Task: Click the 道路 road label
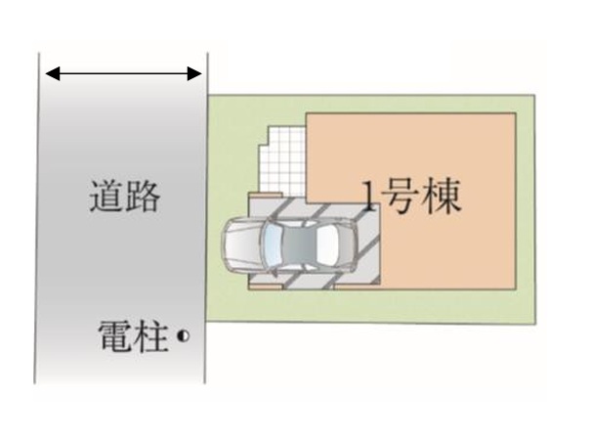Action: point(123,198)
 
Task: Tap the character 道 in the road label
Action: point(106,198)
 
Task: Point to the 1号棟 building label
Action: point(411,199)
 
